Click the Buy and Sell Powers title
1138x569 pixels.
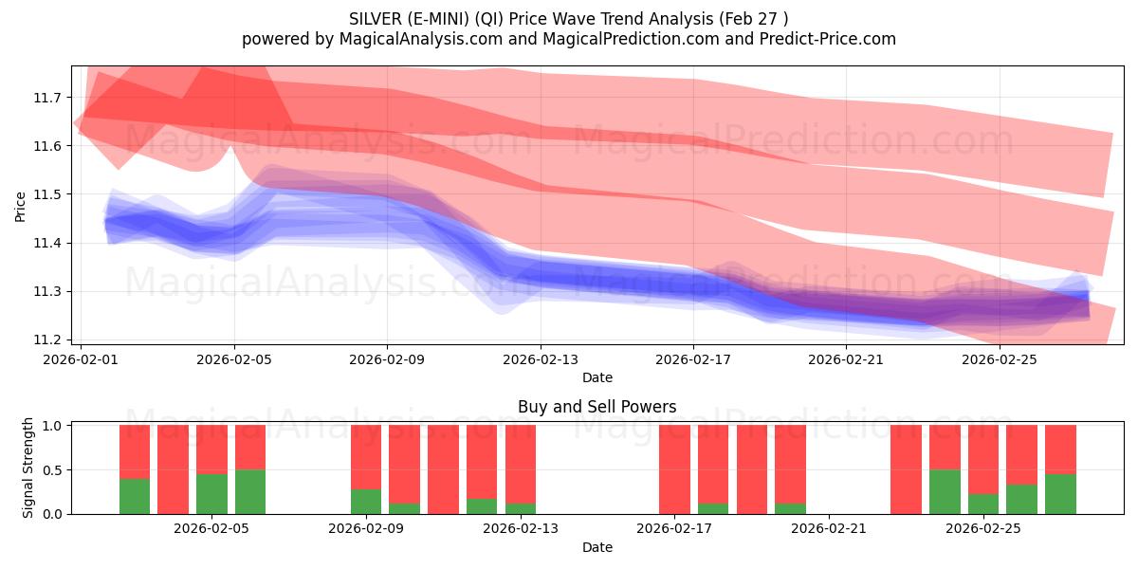click(x=597, y=407)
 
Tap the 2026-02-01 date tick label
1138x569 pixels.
click(x=81, y=359)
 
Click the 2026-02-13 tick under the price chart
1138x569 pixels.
click(x=541, y=359)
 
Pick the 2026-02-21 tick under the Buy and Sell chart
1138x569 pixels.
click(x=829, y=528)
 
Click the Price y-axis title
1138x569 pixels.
click(x=21, y=207)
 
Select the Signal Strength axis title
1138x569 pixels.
click(x=28, y=468)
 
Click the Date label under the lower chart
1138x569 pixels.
click(x=597, y=547)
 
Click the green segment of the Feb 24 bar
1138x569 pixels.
click(x=945, y=491)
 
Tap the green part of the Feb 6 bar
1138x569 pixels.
click(x=250, y=491)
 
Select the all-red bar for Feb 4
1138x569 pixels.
click(x=174, y=469)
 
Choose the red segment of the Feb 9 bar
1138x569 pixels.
click(x=366, y=456)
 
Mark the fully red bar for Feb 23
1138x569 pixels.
click(x=906, y=469)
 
